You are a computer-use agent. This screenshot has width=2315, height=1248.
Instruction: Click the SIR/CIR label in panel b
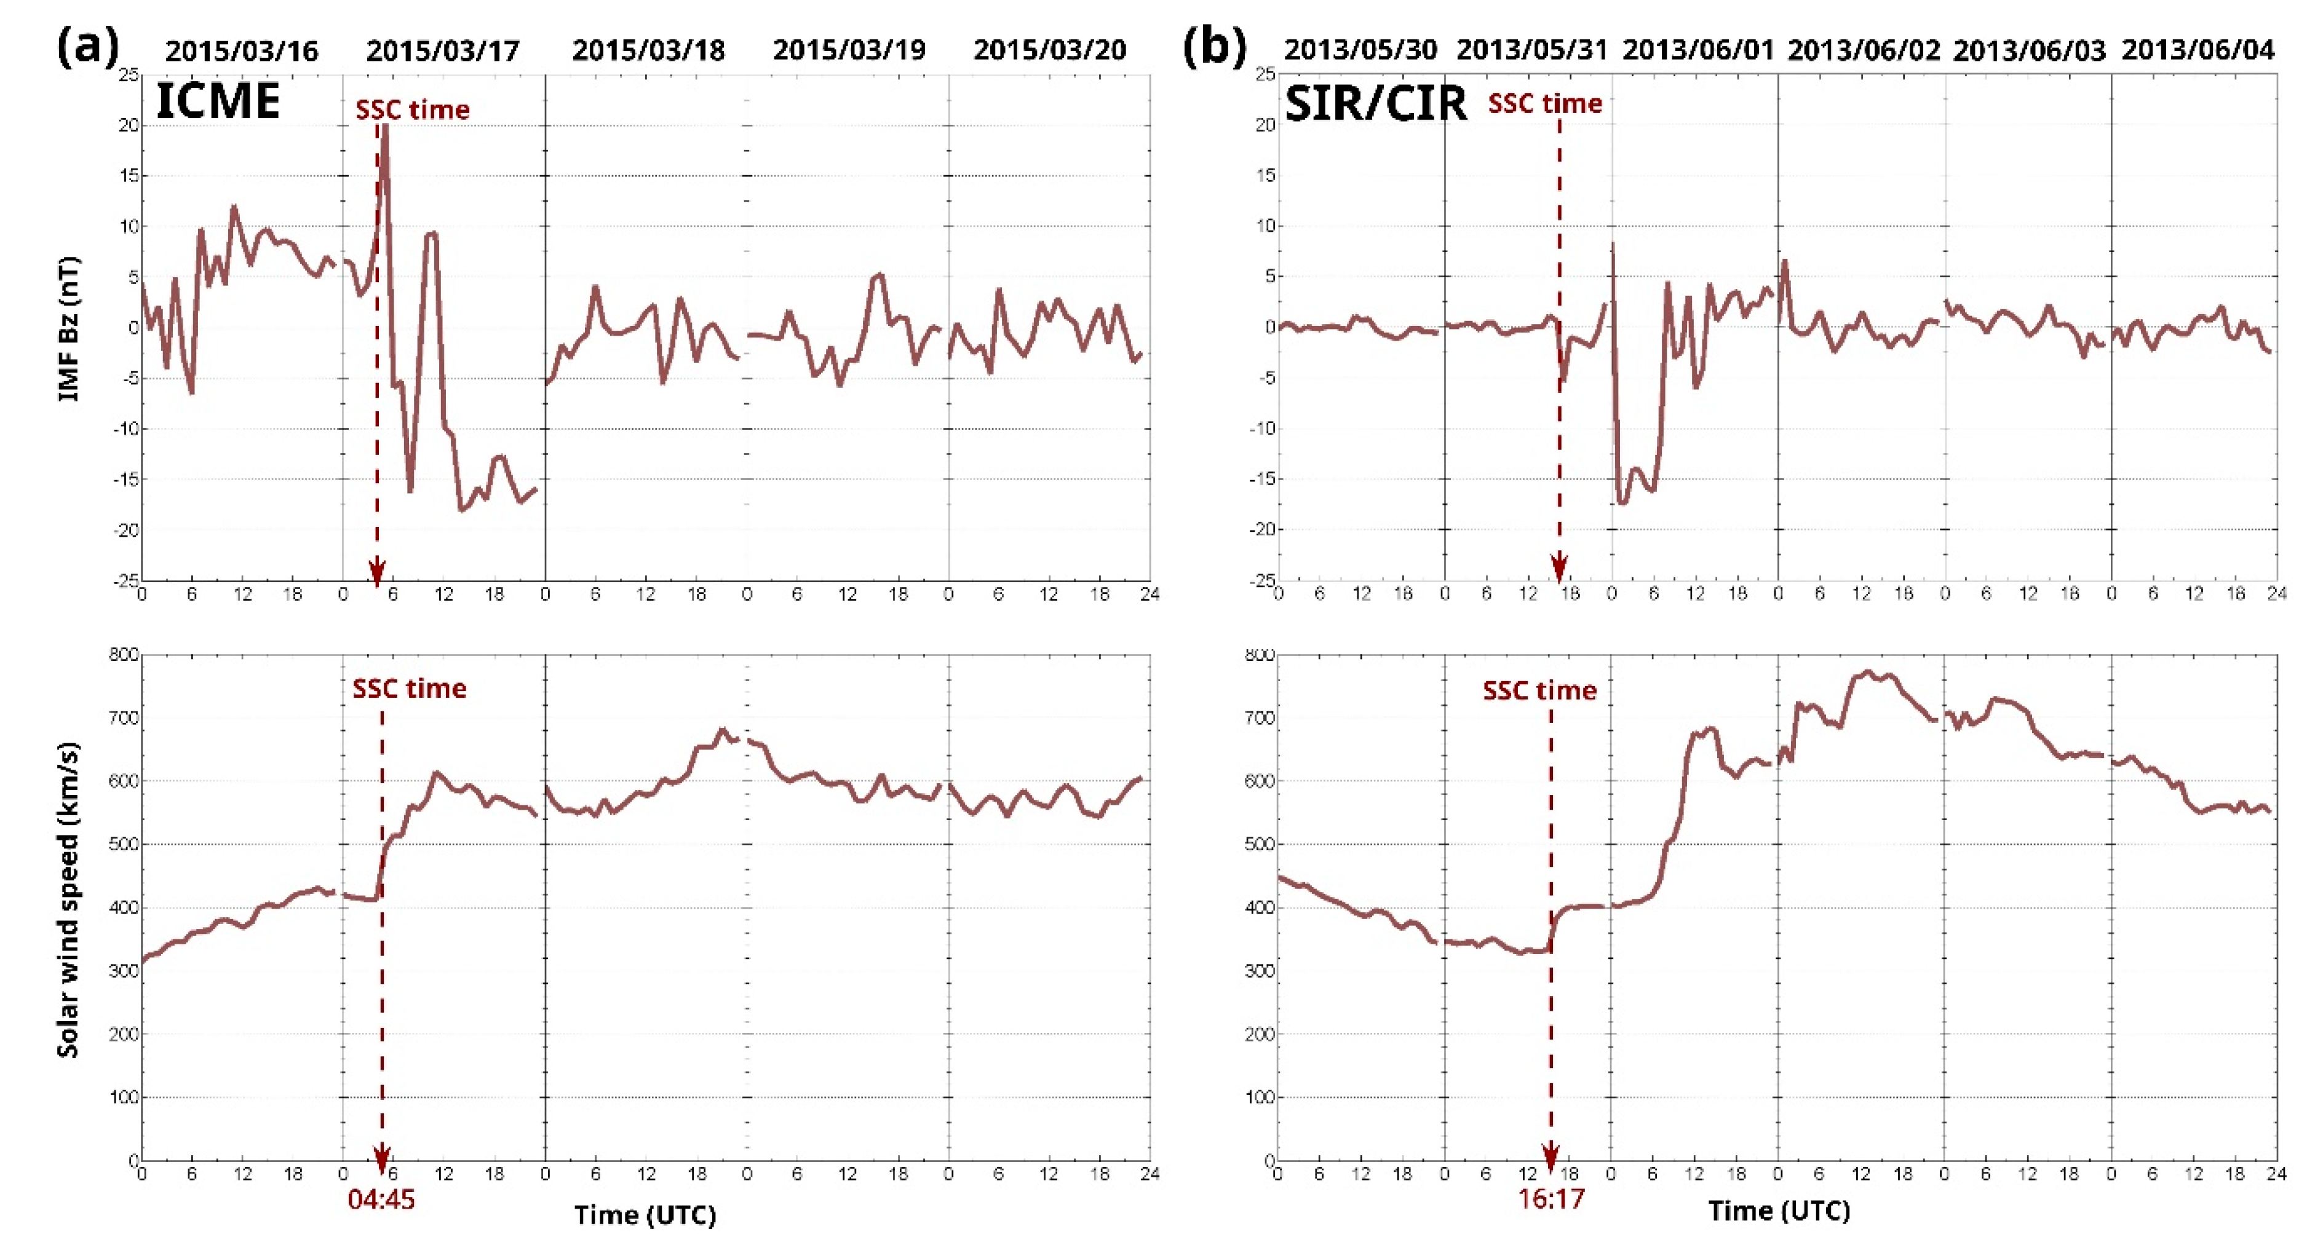(1375, 103)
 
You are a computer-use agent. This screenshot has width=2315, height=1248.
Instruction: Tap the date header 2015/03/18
(648, 50)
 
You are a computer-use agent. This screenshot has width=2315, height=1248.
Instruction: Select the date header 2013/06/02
(1864, 50)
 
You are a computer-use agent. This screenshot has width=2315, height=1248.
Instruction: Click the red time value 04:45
(381, 1199)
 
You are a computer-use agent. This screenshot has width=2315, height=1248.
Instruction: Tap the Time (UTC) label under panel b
(1779, 1211)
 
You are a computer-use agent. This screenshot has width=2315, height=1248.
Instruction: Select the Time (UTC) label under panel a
(645, 1215)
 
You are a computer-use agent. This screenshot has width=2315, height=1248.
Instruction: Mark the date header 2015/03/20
(1050, 50)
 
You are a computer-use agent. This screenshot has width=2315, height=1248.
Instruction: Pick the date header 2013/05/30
(1360, 50)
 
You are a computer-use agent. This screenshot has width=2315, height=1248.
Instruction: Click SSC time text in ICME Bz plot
(413, 109)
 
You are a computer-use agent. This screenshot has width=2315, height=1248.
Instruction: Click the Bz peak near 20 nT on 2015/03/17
(384, 130)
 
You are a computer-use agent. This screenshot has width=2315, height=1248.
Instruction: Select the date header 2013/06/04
(2198, 50)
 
